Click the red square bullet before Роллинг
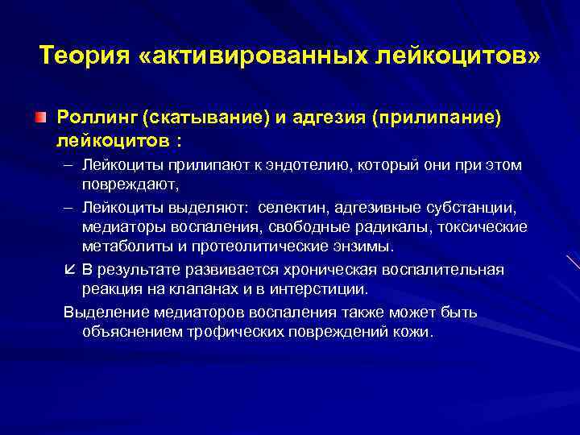pyautogui.click(x=40, y=118)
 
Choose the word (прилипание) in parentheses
pyautogui.click(x=436, y=118)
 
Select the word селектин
pyautogui.click(x=290, y=207)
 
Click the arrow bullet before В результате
pyautogui.click(x=70, y=269)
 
